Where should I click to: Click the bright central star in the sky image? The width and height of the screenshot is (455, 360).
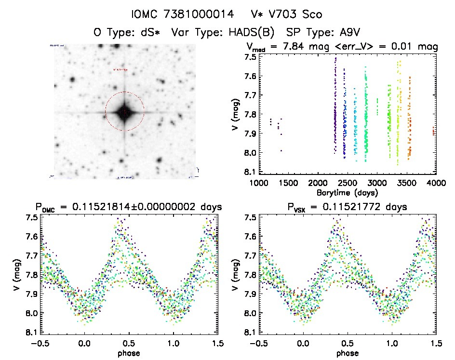[124, 112]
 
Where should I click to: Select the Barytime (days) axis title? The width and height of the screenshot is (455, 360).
[347, 193]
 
